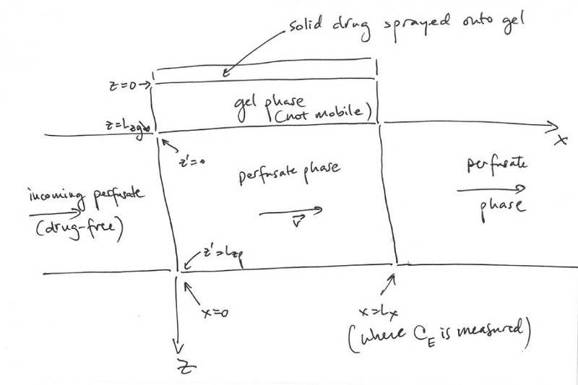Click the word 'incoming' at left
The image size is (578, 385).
pyautogui.click(x=53, y=196)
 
